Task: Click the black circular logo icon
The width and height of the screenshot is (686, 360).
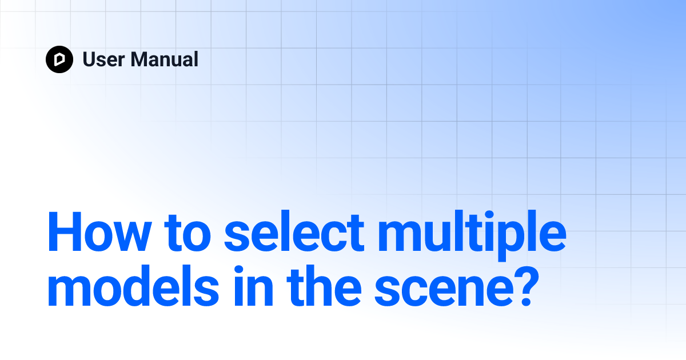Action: pyautogui.click(x=59, y=59)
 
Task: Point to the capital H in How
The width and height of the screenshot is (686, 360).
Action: pyautogui.click(x=62, y=233)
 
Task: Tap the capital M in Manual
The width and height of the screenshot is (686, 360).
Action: pyautogui.click(x=139, y=59)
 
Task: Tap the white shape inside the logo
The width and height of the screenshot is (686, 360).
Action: pyautogui.click(x=59, y=59)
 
